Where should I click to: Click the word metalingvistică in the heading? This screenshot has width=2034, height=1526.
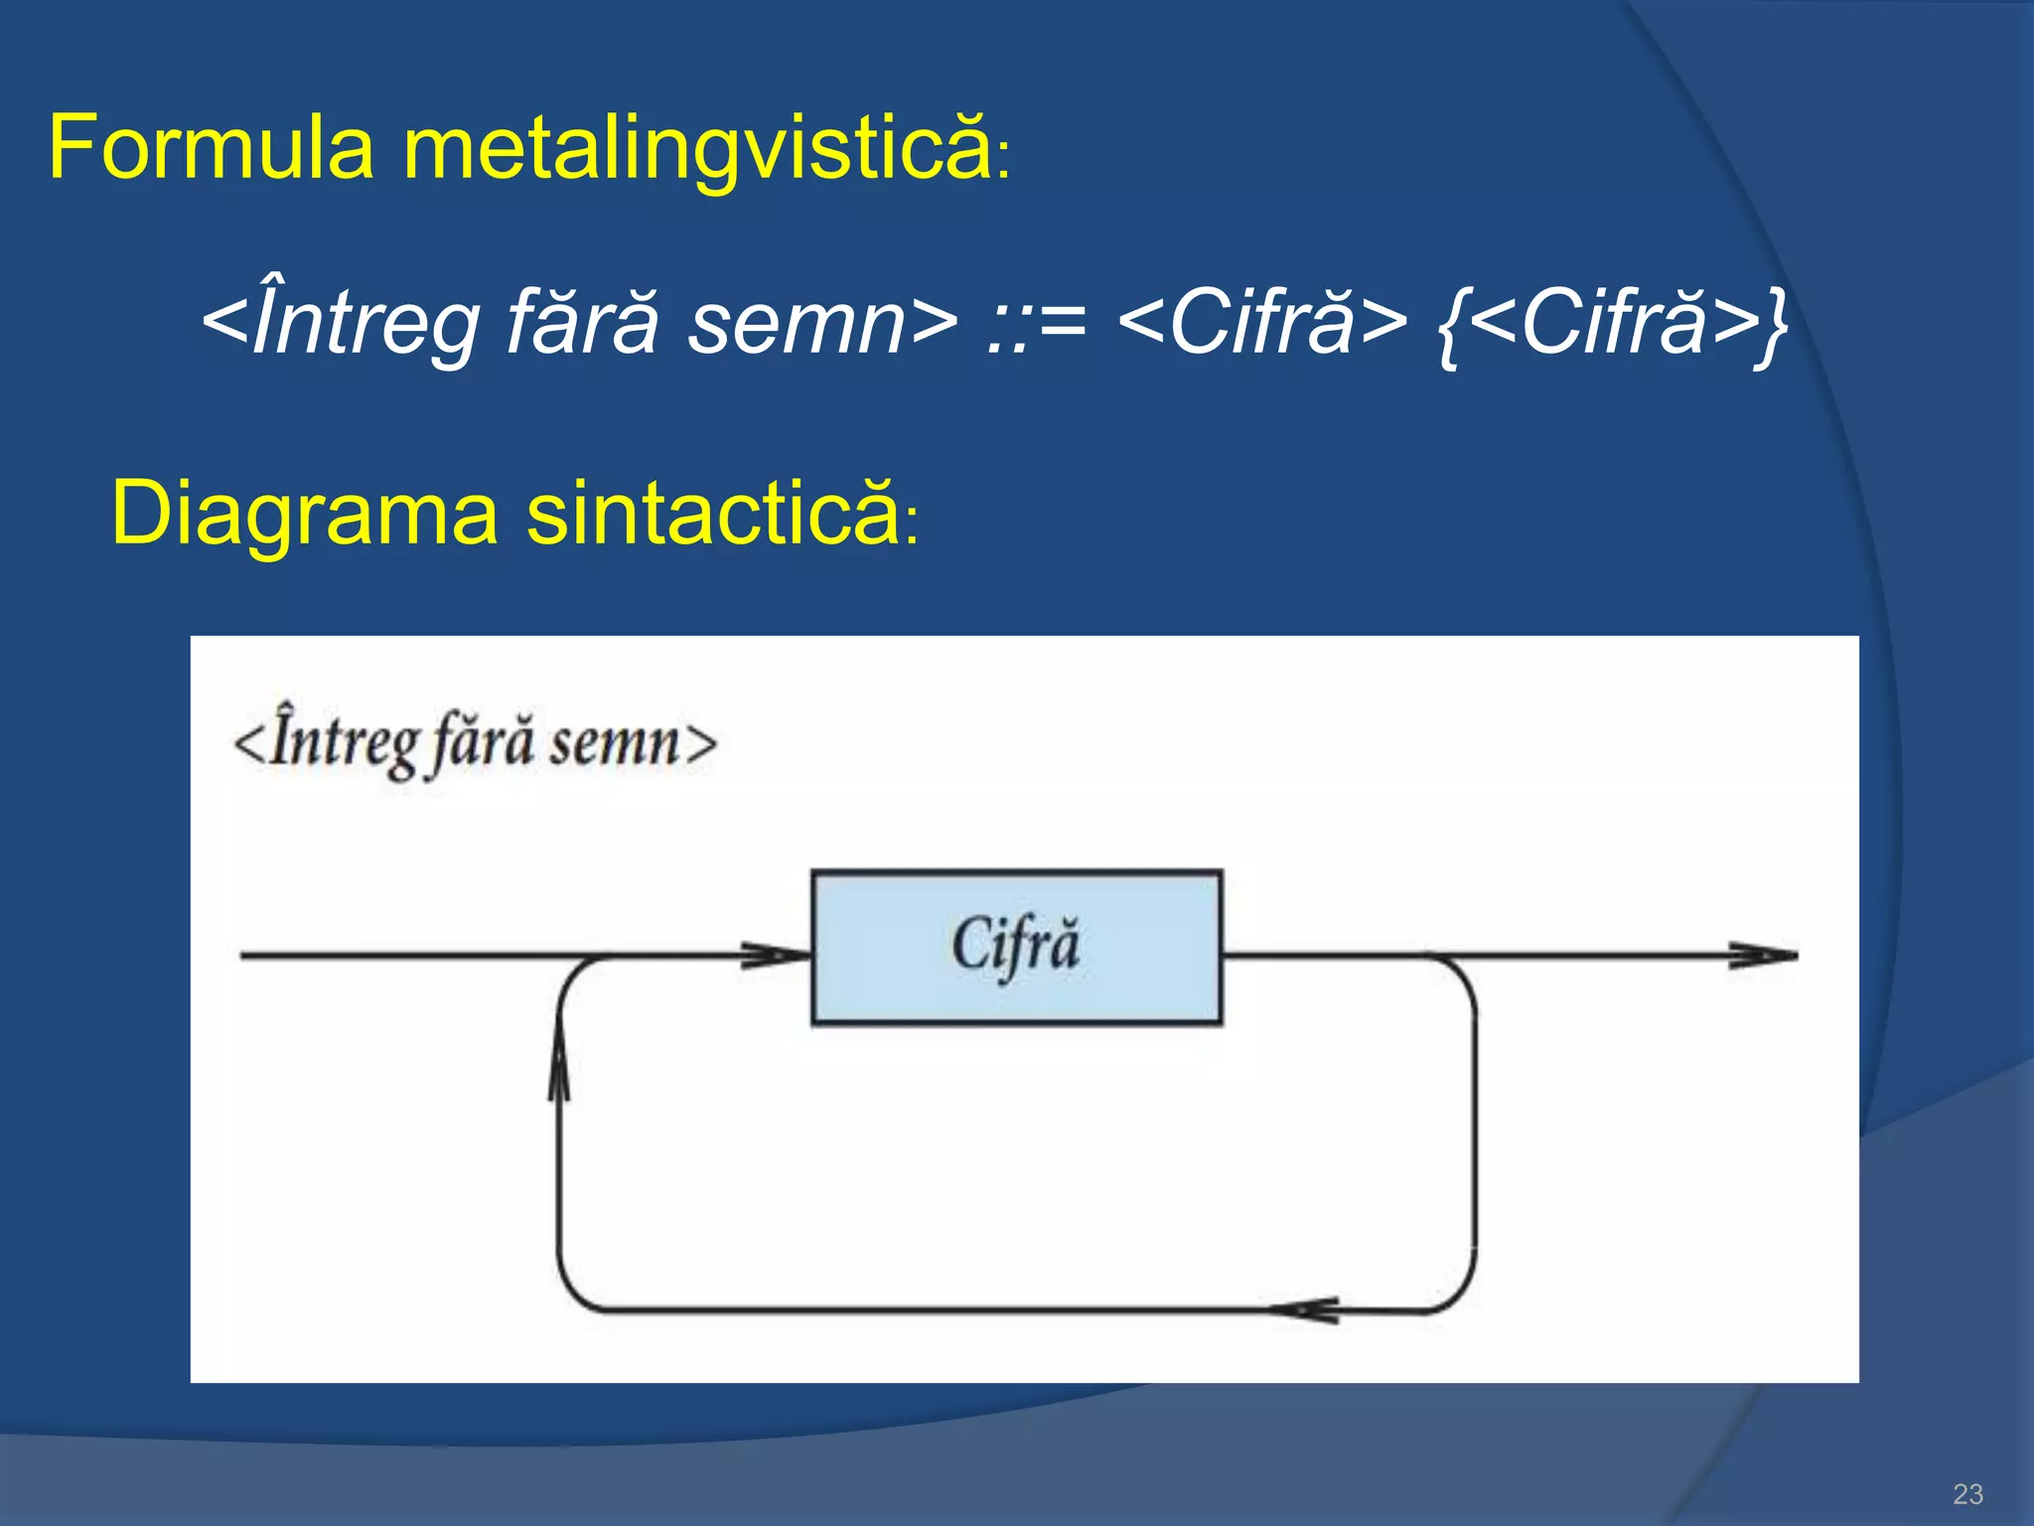(x=695, y=149)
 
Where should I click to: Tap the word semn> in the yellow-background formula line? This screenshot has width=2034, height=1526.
(x=823, y=323)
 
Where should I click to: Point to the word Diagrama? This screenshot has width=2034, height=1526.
(x=304, y=514)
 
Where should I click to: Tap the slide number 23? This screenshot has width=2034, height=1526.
(x=1967, y=1493)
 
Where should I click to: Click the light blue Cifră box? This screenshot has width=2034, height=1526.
(x=1016, y=947)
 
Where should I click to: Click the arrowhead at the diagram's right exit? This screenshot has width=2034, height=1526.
(x=1763, y=956)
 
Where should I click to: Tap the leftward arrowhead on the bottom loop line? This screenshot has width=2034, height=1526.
(x=1306, y=1310)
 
